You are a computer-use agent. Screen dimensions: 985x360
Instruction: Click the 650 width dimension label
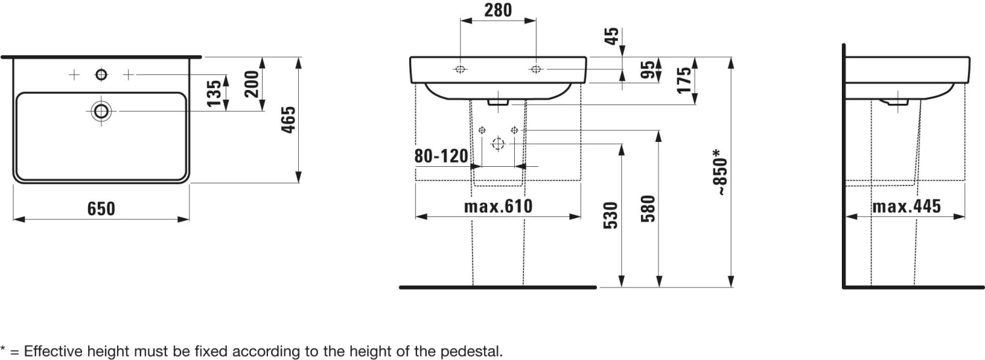point(101,209)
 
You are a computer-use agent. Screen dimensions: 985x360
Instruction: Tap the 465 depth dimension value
point(288,120)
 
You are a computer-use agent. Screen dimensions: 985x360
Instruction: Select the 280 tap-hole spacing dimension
point(498,10)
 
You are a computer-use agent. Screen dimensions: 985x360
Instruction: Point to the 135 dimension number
point(214,93)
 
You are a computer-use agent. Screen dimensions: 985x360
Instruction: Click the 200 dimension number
point(252,83)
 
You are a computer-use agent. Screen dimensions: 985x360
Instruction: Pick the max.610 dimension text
point(498,206)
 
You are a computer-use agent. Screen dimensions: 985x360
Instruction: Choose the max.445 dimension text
point(907,206)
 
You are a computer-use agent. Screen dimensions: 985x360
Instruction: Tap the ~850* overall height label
point(720,172)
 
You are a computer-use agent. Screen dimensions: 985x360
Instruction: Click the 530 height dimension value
point(611,215)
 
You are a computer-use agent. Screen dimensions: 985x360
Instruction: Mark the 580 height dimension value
point(648,209)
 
